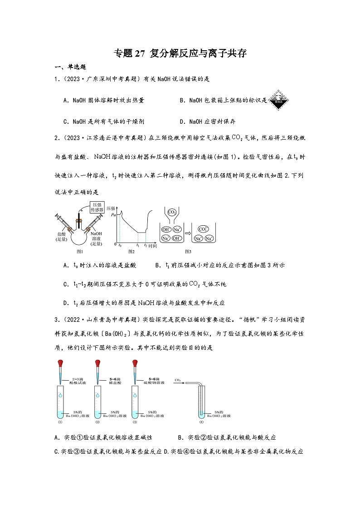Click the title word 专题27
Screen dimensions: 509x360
point(128,53)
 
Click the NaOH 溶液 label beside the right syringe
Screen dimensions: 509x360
point(96,236)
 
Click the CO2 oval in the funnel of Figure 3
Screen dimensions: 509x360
point(172,212)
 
